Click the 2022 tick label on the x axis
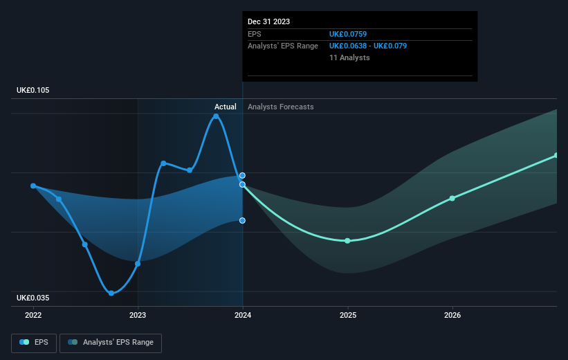[x=33, y=315]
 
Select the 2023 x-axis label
[x=138, y=315]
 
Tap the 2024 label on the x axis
[x=243, y=315]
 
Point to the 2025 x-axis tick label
[x=347, y=315]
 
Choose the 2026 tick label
[x=452, y=315]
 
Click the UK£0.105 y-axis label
[x=34, y=91]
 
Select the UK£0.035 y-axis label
[x=34, y=298]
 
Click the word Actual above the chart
[x=225, y=107]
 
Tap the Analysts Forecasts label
[x=280, y=107]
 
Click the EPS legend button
[x=34, y=342]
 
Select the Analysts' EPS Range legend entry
[x=111, y=342]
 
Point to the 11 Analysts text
[x=349, y=57]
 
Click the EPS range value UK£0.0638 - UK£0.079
[x=367, y=46]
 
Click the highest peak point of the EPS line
[x=216, y=116]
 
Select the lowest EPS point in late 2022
[x=111, y=293]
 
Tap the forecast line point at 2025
[x=347, y=241]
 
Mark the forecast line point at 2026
[x=452, y=198]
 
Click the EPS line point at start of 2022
[x=33, y=186]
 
